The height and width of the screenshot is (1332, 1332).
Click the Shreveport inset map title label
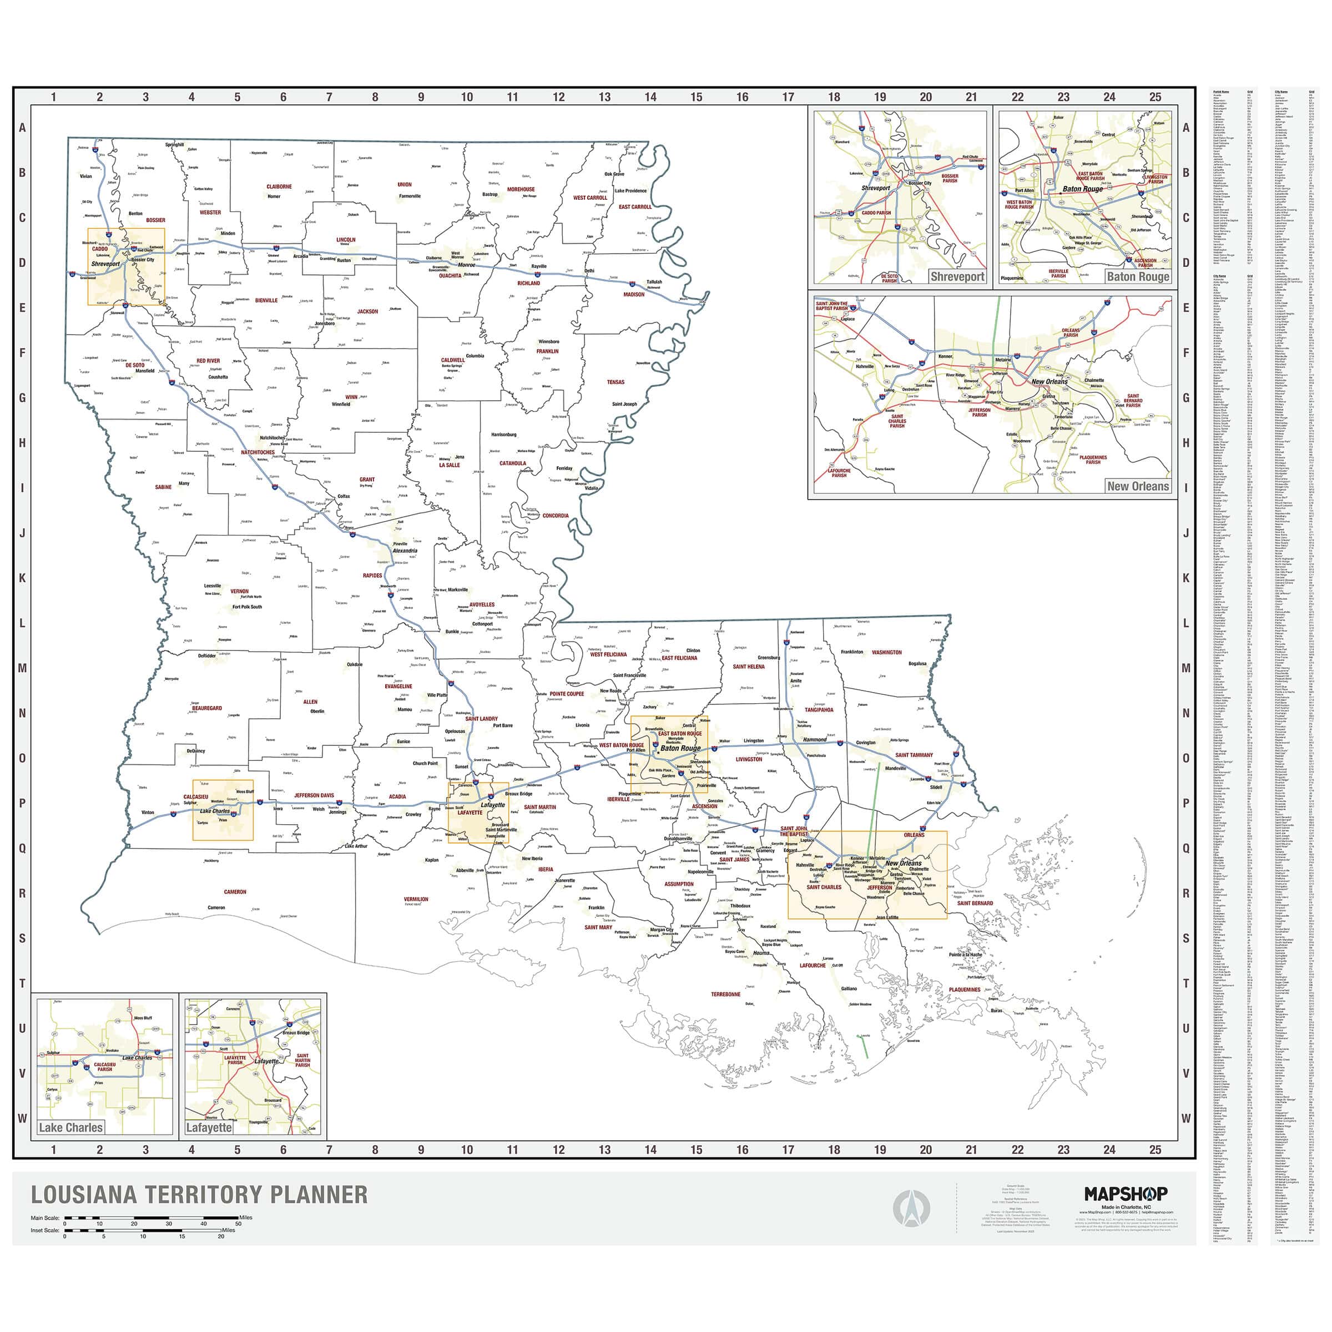(957, 276)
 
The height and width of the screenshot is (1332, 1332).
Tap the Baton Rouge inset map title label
(1138, 276)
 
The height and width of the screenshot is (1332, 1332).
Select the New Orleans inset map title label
(1138, 486)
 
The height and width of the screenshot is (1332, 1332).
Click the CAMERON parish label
(235, 892)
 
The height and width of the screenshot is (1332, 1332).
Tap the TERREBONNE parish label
(725, 994)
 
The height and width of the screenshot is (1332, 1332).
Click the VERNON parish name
(239, 592)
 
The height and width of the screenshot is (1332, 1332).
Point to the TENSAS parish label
(615, 382)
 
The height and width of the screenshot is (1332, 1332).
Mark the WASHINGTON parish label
(887, 652)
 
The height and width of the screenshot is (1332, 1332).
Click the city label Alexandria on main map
(405, 551)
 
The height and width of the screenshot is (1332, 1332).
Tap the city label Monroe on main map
(467, 265)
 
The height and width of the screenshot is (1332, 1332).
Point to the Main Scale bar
(152, 1218)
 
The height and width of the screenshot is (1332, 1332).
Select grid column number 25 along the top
(1155, 97)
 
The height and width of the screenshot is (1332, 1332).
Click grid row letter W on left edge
(22, 1118)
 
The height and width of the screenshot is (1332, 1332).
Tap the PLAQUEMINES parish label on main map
(965, 990)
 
